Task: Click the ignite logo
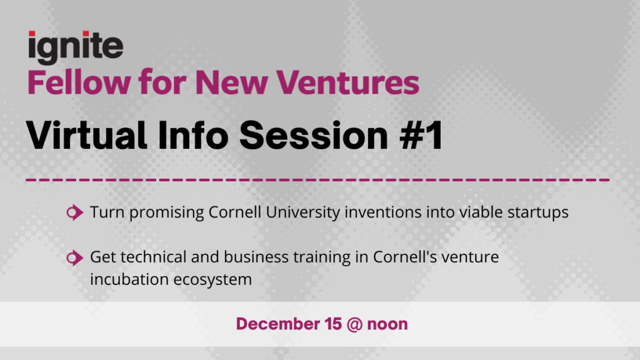[76, 47]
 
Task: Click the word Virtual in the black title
[86, 135]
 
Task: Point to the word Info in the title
[193, 135]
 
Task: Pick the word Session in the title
[314, 136]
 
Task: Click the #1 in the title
[421, 136]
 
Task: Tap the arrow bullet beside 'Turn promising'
[75, 212]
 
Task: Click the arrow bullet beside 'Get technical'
[75, 257]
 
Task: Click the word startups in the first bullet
[538, 212]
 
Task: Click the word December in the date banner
[278, 324]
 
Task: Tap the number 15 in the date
[334, 324]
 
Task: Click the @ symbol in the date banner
[355, 324]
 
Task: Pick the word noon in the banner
[387, 325]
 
